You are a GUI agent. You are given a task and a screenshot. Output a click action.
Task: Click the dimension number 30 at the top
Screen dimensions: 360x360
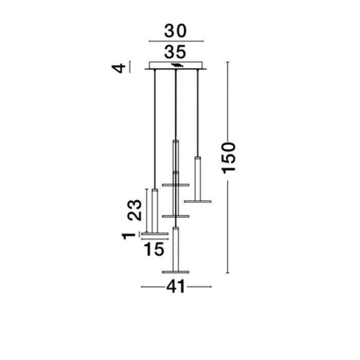click(x=175, y=31)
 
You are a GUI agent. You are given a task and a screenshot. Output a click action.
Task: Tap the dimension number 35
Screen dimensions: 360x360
click(x=175, y=52)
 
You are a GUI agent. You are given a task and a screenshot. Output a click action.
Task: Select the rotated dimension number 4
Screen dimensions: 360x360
click(x=118, y=68)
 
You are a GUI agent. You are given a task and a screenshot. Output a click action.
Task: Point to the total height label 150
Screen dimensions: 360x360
click(x=229, y=158)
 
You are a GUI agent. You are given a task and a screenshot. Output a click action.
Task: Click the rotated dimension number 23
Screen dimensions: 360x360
click(x=135, y=210)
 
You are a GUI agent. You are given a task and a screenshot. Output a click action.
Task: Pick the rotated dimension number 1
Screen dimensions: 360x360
click(x=129, y=236)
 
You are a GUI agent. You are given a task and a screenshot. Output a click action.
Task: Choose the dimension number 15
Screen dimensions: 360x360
click(x=154, y=249)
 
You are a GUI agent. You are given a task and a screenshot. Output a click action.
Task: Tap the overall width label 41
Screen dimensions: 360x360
click(x=176, y=286)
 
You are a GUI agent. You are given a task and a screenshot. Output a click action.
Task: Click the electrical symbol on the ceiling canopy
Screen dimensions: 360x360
click(x=177, y=65)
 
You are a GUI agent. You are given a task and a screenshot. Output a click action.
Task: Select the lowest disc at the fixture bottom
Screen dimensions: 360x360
click(x=176, y=272)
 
